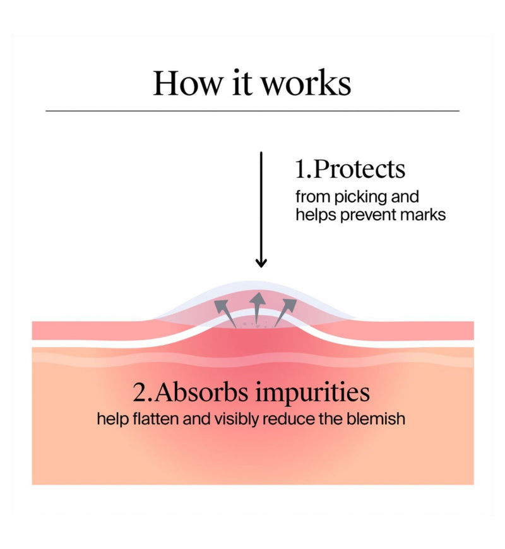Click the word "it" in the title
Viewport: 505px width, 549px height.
pyautogui.click(x=242, y=83)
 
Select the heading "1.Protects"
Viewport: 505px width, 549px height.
pyautogui.click(x=350, y=168)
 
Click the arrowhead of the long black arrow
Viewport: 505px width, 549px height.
pyautogui.click(x=261, y=263)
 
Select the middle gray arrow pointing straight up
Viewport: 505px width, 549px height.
pyautogui.click(x=258, y=307)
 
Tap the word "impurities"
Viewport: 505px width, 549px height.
pyautogui.click(x=312, y=394)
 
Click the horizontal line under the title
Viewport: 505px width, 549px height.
pyautogui.click(x=252, y=111)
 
